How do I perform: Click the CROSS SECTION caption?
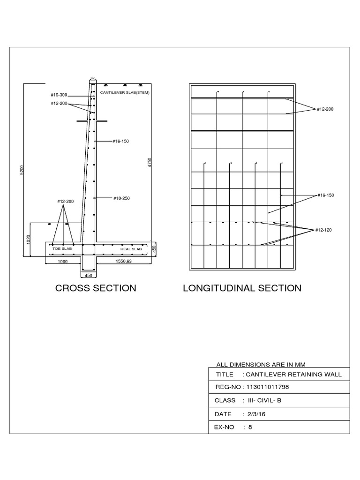tap(96, 288)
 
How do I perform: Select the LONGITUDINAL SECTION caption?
tap(242, 288)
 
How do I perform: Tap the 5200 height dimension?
tap(21, 170)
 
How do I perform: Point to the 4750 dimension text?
tap(150, 163)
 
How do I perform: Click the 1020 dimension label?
tap(28, 240)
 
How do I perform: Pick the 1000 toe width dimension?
tap(63, 262)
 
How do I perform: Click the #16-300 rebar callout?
tap(59, 95)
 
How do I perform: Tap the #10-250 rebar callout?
tap(121, 198)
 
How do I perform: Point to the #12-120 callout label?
tap(323, 230)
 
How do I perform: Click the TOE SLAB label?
tap(62, 249)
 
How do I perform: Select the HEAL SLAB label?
tap(131, 249)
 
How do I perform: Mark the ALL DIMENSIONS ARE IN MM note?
tap(262, 364)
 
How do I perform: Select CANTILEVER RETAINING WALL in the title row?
tap(294, 374)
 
